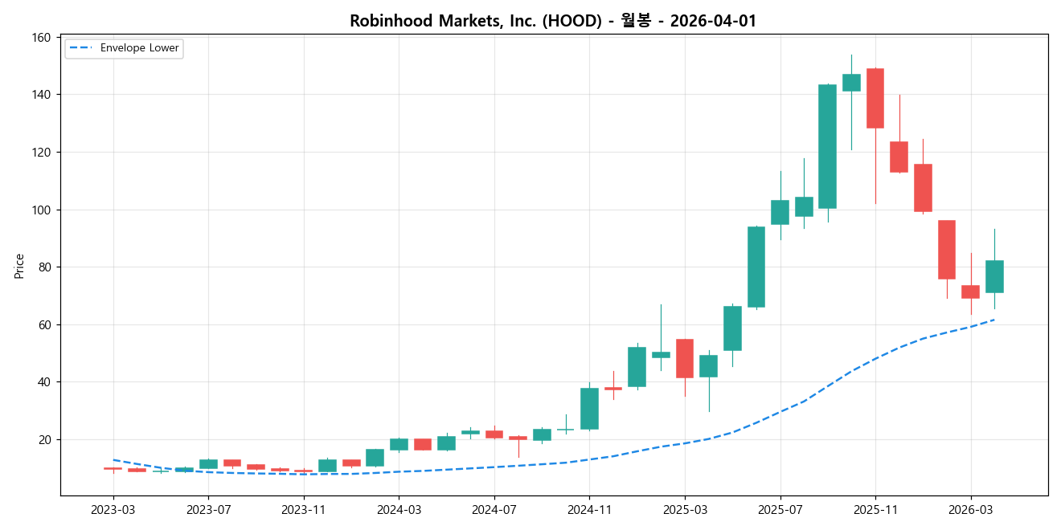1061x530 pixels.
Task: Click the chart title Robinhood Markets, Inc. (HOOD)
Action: pos(475,21)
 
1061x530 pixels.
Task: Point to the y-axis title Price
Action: pos(19,266)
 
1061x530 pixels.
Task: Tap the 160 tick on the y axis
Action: pos(42,38)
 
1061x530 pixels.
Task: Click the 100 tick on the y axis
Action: pos(42,210)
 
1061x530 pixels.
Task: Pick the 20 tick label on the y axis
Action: pos(44,439)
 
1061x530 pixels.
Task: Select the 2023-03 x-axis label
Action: pos(113,509)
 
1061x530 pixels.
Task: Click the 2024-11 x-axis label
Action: pos(589,509)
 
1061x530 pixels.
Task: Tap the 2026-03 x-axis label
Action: pos(971,509)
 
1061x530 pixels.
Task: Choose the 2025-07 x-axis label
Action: pos(780,509)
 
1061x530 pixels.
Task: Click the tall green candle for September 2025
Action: pos(827,146)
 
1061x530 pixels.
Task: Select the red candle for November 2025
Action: pos(875,98)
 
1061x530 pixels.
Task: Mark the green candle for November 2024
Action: pos(589,409)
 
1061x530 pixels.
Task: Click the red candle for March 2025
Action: pos(685,358)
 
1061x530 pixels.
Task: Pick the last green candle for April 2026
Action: pos(994,276)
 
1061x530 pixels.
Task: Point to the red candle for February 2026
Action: pos(947,250)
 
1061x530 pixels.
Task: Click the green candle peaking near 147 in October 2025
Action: pos(851,83)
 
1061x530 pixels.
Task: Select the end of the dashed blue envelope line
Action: pos(994,320)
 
